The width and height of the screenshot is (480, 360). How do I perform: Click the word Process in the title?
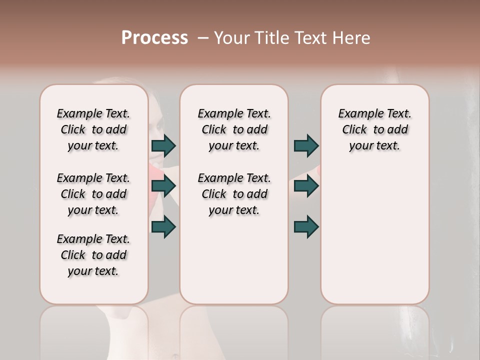154,38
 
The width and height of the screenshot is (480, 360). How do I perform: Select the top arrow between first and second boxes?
163,145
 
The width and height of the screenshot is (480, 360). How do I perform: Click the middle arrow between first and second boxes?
163,186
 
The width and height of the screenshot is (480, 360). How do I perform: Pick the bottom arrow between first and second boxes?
163,226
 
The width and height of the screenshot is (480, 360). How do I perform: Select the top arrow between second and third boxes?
306,145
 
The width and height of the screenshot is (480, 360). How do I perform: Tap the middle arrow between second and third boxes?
306,186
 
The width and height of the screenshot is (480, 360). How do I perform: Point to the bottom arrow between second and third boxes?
306,226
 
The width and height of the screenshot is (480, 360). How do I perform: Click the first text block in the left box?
93,129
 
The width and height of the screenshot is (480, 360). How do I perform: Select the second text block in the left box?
93,194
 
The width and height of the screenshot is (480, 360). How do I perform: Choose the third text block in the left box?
93,255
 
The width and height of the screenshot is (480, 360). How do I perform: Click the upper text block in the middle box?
234,129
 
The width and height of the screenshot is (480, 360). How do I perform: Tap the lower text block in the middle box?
234,194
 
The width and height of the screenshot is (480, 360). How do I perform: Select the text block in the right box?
374,129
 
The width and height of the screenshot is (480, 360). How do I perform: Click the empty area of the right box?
374,230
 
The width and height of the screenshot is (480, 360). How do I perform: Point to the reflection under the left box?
93,330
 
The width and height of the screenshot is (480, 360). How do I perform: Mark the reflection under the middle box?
234,330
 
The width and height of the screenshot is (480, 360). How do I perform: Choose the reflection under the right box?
374,330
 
